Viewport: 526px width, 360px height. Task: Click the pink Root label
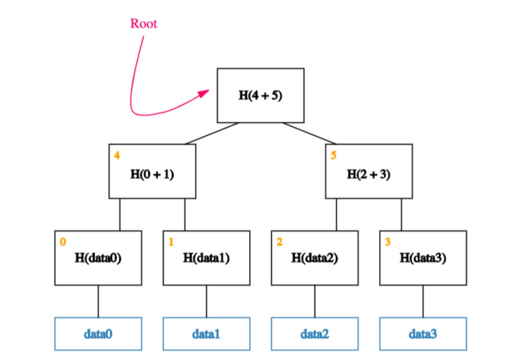(x=143, y=24)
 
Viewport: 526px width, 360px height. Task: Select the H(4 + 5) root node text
(x=260, y=96)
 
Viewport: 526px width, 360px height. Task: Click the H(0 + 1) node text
(x=152, y=175)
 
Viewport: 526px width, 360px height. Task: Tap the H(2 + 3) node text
(x=369, y=175)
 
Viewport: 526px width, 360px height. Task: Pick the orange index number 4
(x=117, y=156)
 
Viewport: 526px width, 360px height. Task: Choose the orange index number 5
(x=334, y=156)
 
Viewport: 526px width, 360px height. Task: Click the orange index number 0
(x=63, y=242)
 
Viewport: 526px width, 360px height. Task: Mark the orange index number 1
(x=171, y=242)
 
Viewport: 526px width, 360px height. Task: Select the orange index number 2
(x=279, y=242)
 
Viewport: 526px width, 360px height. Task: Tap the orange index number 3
(x=387, y=242)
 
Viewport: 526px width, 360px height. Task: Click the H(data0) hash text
(x=98, y=258)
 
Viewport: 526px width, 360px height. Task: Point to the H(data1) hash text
(x=206, y=258)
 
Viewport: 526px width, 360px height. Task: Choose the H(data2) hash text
(x=315, y=258)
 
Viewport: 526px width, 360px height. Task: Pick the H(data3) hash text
(x=423, y=258)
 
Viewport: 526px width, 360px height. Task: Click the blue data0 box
(x=98, y=334)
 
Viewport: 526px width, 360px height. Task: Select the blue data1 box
(x=206, y=334)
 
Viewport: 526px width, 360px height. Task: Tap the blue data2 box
(x=315, y=334)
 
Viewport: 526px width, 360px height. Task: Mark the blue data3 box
(x=423, y=334)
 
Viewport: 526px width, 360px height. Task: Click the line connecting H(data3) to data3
(x=423, y=301)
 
